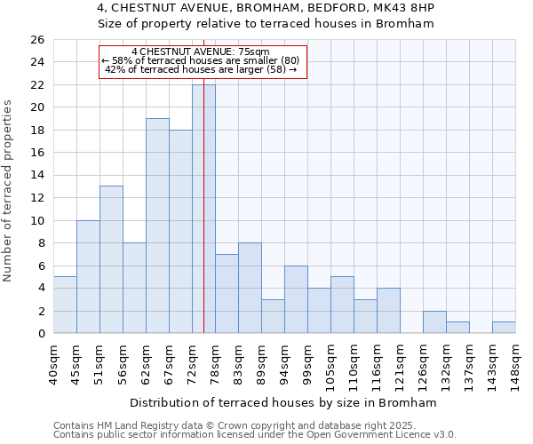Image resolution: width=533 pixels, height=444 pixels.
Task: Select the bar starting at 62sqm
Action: click(157, 226)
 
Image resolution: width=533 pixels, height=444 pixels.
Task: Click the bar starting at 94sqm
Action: click(296, 299)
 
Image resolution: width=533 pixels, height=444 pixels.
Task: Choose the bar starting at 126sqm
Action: click(434, 322)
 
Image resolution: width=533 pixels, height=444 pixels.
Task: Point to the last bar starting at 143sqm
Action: click(504, 328)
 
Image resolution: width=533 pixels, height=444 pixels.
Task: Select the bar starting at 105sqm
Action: click(342, 305)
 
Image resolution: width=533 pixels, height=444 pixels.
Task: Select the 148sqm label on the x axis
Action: click(515, 364)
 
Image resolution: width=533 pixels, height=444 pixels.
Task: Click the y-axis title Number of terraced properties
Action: click(8, 191)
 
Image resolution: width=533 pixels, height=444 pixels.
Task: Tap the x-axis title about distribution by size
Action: click(283, 402)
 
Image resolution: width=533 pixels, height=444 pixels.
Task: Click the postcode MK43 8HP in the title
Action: click(402, 7)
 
